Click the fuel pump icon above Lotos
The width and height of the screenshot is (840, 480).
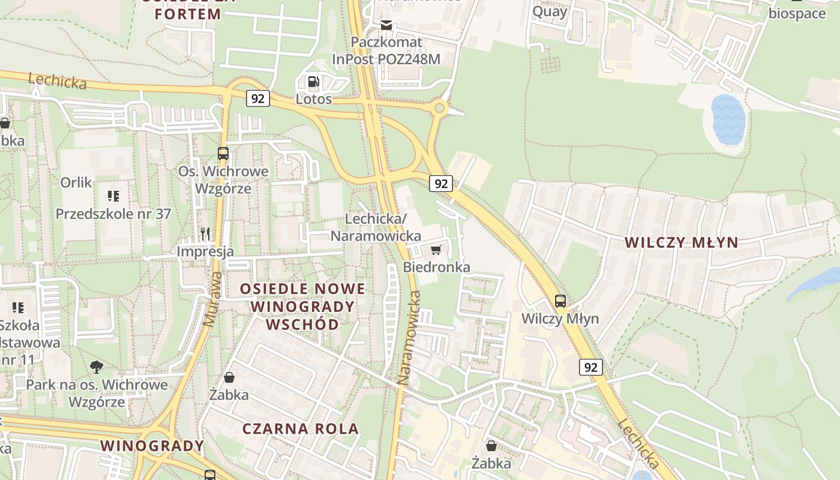click(313, 82)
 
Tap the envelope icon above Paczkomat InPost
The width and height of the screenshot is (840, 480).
click(386, 25)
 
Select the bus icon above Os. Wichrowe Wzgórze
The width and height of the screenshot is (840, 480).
click(223, 154)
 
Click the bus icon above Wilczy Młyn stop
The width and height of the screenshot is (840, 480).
click(560, 301)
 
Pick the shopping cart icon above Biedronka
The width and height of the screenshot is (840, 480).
click(436, 250)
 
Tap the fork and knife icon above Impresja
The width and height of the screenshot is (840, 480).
click(205, 233)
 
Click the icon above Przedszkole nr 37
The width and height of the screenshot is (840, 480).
click(113, 196)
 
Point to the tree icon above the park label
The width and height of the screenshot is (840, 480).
click(96, 367)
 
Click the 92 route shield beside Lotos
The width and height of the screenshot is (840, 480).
click(257, 98)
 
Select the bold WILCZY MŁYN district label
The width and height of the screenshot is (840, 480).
click(682, 242)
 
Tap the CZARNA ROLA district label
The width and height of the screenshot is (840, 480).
click(301, 428)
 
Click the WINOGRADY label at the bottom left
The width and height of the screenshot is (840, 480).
click(152, 446)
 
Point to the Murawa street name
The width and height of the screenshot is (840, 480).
click(212, 299)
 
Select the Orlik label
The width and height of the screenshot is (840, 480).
click(76, 182)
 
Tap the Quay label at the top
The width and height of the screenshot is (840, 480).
click(550, 11)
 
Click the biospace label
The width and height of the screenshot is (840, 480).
click(797, 13)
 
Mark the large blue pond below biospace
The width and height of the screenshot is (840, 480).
click(728, 119)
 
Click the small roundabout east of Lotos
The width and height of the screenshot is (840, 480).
click(440, 108)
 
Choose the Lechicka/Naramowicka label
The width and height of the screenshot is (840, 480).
click(376, 227)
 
